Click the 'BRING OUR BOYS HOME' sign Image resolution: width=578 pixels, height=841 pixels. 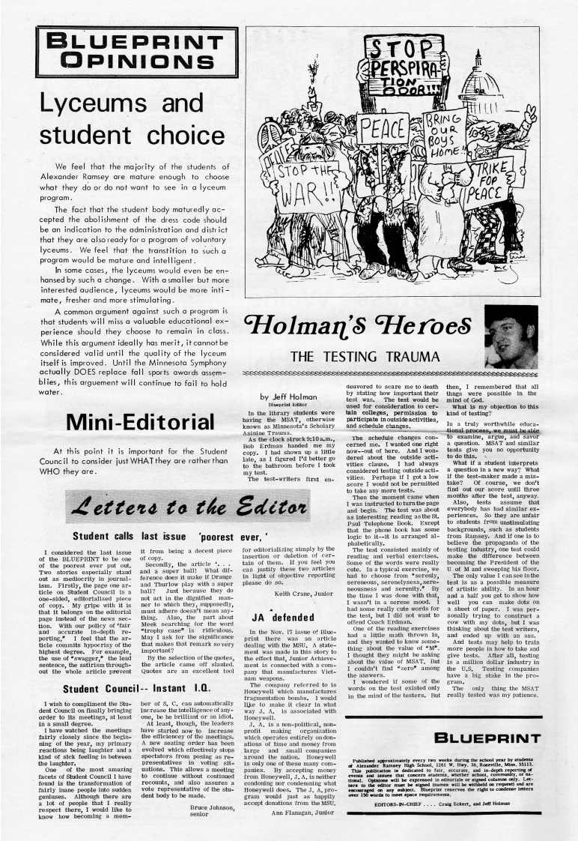pyautogui.click(x=445, y=130)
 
